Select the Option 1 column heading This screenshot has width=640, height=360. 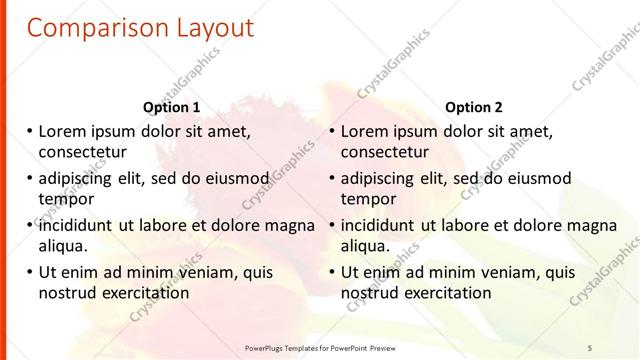171,108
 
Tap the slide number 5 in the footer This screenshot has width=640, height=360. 590,347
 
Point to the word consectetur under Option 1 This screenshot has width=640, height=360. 82,152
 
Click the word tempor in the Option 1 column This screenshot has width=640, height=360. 65,199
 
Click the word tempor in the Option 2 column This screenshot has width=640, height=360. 368,199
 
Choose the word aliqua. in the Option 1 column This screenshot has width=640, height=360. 64,246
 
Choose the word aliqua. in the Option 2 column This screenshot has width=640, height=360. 367,246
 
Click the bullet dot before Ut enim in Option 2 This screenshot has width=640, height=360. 331,272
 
